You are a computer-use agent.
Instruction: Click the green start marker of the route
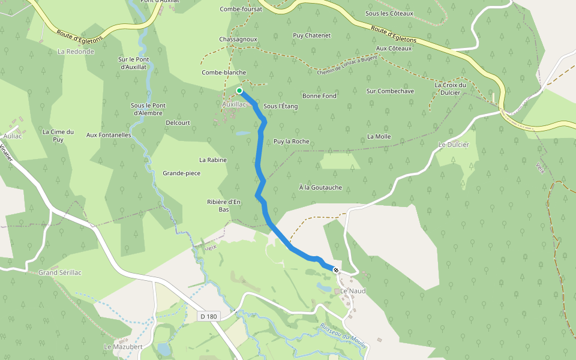coord(239,91)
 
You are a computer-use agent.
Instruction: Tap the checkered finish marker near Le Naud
coord(336,270)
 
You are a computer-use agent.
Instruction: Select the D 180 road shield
coord(209,316)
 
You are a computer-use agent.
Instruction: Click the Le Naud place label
coord(353,291)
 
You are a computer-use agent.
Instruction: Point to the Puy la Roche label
coord(291,142)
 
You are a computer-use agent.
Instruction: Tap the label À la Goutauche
coord(320,188)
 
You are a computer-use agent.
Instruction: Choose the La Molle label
coord(379,137)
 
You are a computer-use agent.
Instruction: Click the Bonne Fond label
coord(319,96)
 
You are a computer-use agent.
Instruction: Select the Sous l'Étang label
coord(280,106)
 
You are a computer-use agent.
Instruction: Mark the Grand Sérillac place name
coord(59,273)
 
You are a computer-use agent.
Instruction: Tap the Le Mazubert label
coord(123,347)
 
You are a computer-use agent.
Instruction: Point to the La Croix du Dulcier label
coord(450,89)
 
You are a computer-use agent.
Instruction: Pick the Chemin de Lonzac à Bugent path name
coord(347,64)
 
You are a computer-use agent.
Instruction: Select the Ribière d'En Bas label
coord(223,206)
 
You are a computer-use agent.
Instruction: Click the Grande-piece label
coord(181,173)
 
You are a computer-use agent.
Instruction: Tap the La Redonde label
coord(76,52)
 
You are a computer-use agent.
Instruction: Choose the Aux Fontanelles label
coord(109,136)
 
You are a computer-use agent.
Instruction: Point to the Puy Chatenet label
coord(311,35)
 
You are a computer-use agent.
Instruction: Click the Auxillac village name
coord(234,104)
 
